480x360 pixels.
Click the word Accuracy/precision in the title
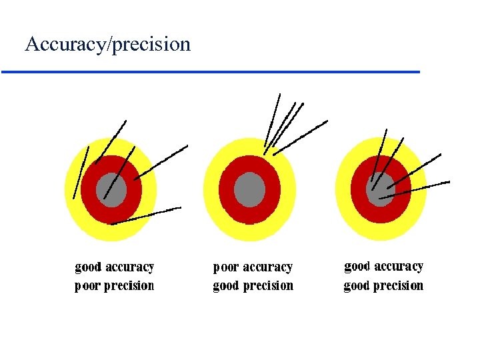click(x=107, y=45)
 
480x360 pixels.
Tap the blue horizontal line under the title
click(x=211, y=71)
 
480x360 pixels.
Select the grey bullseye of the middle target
click(x=249, y=189)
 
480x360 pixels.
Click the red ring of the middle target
click(x=227, y=190)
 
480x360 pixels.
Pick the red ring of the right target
click(x=360, y=200)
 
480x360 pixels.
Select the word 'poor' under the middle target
click(x=225, y=267)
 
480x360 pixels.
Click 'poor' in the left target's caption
click(x=87, y=286)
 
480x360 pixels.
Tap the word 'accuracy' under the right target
click(x=399, y=267)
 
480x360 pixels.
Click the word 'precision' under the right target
click(x=398, y=286)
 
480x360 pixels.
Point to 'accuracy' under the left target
click(x=129, y=267)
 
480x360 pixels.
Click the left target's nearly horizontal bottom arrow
click(x=147, y=215)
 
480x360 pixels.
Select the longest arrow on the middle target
click(x=300, y=137)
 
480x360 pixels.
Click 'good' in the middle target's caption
click(x=225, y=286)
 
